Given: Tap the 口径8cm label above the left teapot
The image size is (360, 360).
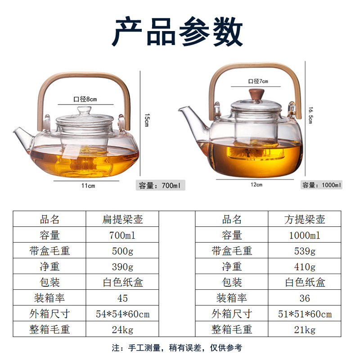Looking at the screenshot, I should point(85,99).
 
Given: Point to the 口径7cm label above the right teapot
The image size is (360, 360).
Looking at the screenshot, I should point(258,81).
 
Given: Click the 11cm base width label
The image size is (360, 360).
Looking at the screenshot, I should point(88,185).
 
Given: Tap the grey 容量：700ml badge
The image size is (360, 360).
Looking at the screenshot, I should point(161,185).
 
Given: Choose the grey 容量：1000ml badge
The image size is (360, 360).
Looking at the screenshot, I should point(321,185).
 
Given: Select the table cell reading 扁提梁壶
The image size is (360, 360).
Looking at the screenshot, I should point(122,219).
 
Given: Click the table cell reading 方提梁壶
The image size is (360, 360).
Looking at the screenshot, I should point(305,219).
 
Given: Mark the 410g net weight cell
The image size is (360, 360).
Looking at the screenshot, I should point(305,266).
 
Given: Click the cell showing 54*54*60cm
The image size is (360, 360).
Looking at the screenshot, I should point(122,314).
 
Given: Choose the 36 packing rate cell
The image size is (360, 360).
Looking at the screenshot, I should point(305,298).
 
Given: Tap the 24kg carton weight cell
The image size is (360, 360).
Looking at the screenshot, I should point(122,329).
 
